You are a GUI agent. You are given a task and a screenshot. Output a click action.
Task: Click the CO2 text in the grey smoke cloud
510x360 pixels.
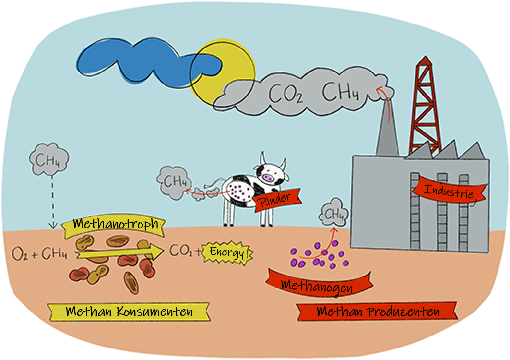click(x=285, y=93)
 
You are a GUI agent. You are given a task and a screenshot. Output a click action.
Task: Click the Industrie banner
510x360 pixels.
click(x=449, y=191)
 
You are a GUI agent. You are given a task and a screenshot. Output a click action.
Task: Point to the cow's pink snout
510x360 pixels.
click(x=268, y=178)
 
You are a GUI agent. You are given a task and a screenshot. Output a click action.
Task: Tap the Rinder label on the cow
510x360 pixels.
click(x=276, y=199)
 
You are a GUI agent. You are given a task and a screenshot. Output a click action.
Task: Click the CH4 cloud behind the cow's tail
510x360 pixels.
click(x=174, y=182)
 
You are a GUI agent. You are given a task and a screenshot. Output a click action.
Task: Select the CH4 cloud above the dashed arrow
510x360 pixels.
click(x=49, y=159)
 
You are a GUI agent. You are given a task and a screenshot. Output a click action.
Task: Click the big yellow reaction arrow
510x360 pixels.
click(x=120, y=252)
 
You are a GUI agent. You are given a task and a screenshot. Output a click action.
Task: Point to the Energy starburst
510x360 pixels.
click(x=227, y=252)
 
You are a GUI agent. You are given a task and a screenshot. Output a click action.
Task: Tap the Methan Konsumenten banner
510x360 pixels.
click(x=129, y=312)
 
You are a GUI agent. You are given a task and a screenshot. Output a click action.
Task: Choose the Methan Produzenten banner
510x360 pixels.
click(x=377, y=312)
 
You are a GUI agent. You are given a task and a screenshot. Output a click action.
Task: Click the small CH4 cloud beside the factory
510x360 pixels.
click(x=334, y=214)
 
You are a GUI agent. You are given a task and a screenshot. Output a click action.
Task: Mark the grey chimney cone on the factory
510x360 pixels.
click(x=387, y=129)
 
